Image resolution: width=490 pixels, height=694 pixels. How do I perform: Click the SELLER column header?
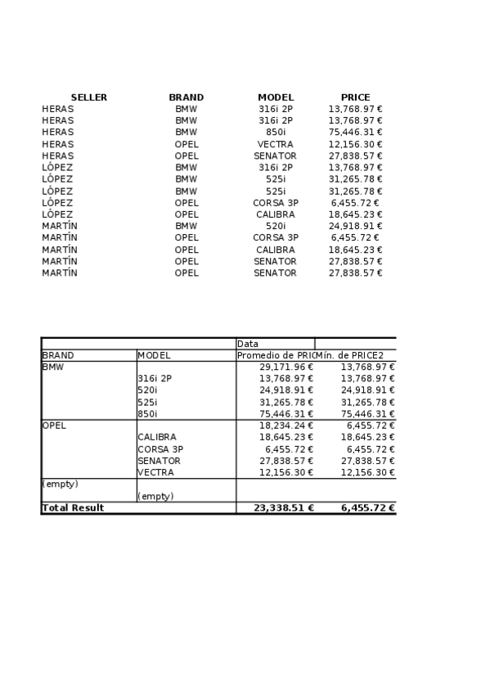point(88,97)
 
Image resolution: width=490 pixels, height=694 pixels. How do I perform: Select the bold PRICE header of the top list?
point(355,97)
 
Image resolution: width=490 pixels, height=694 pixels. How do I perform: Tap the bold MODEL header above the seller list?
point(276,97)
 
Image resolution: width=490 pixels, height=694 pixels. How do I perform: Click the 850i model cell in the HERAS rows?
point(276,132)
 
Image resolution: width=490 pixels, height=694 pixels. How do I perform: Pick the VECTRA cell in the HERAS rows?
point(276,144)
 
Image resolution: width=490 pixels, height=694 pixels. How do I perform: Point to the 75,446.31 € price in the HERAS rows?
point(355,132)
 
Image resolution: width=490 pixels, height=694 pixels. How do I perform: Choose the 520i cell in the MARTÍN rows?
point(276,226)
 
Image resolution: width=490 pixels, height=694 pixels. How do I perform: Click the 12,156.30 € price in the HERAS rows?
point(355,144)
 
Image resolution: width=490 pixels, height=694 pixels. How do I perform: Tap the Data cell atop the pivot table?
point(248,344)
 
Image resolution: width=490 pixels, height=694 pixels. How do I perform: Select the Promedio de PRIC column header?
point(275,355)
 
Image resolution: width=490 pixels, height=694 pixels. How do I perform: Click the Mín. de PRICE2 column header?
point(355,355)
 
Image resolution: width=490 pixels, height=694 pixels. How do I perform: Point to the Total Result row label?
point(73,507)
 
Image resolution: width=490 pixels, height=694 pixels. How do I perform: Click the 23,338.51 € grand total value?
point(284,507)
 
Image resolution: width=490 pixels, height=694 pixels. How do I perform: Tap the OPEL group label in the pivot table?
point(54,426)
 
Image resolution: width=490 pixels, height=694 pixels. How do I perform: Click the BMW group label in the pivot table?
point(52,367)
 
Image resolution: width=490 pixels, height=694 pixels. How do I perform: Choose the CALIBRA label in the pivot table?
point(156,437)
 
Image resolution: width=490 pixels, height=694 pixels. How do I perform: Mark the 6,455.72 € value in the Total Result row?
point(368,507)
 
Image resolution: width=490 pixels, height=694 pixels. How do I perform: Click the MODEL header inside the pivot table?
point(154,355)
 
